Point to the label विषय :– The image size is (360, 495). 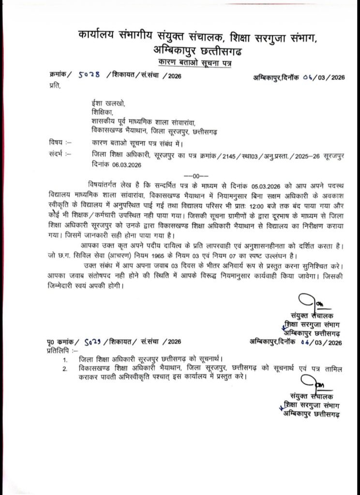pyautogui.click(x=60, y=143)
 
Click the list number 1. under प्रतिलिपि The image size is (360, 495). pyautogui.click(x=65, y=359)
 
